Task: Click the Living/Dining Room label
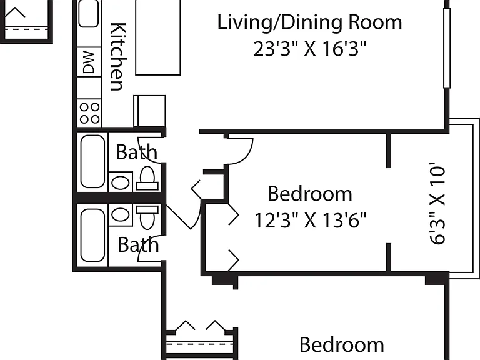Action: (309, 22)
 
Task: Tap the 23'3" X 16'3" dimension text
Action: (309, 49)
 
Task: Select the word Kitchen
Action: (118, 57)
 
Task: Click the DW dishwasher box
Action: (89, 62)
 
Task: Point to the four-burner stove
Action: (89, 112)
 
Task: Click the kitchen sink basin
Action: (89, 13)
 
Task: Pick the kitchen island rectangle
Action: (158, 37)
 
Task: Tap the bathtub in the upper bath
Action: (92, 161)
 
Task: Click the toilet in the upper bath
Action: (147, 179)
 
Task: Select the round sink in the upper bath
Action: (120, 182)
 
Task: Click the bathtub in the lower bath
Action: (92, 235)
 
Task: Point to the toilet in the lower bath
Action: (147, 217)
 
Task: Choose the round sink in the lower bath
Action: (120, 214)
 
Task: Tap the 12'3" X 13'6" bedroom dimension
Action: (310, 220)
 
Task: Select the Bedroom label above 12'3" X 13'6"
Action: (310, 194)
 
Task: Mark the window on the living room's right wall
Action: (447, 48)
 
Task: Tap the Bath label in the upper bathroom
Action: (137, 152)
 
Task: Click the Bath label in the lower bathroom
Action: (138, 245)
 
